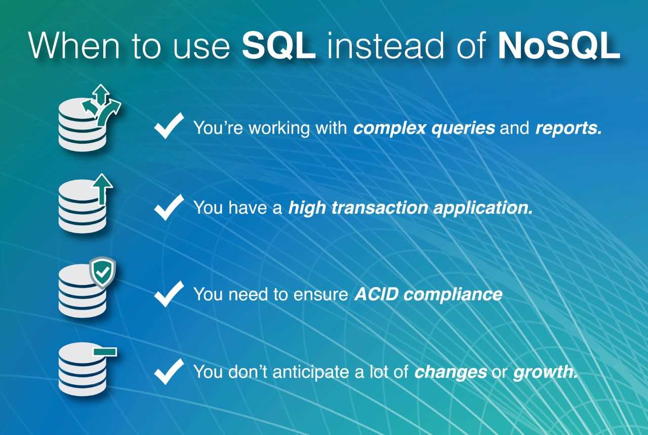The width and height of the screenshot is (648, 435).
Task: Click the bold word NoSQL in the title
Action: pyautogui.click(x=559, y=46)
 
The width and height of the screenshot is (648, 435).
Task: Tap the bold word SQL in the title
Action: pyautogui.click(x=278, y=46)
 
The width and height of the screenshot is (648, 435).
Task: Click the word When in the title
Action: pyautogui.click(x=74, y=46)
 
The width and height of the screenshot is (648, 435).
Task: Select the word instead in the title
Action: pyautogui.click(x=385, y=46)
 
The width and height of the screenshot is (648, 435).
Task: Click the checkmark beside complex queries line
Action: pyautogui.click(x=169, y=126)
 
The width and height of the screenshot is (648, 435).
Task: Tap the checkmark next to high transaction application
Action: pyautogui.click(x=169, y=207)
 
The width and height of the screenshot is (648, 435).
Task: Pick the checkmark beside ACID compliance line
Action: pyautogui.click(x=169, y=294)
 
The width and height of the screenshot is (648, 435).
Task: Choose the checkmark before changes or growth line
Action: pyautogui.click(x=169, y=371)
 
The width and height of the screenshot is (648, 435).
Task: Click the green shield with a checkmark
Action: pyautogui.click(x=103, y=272)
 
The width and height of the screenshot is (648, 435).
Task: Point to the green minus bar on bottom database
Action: pyautogui.click(x=105, y=351)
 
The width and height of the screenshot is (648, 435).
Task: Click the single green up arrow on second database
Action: pyautogui.click(x=102, y=189)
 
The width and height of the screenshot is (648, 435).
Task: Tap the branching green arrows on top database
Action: pyautogui.click(x=101, y=106)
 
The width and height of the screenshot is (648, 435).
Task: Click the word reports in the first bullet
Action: pyautogui.click(x=569, y=128)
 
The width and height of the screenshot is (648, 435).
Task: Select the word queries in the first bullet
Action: pyautogui.click(x=463, y=129)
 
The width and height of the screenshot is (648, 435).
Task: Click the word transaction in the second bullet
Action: pyautogui.click(x=380, y=208)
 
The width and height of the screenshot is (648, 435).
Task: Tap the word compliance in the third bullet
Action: pyautogui.click(x=453, y=295)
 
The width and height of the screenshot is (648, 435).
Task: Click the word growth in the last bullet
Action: pyautogui.click(x=545, y=372)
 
